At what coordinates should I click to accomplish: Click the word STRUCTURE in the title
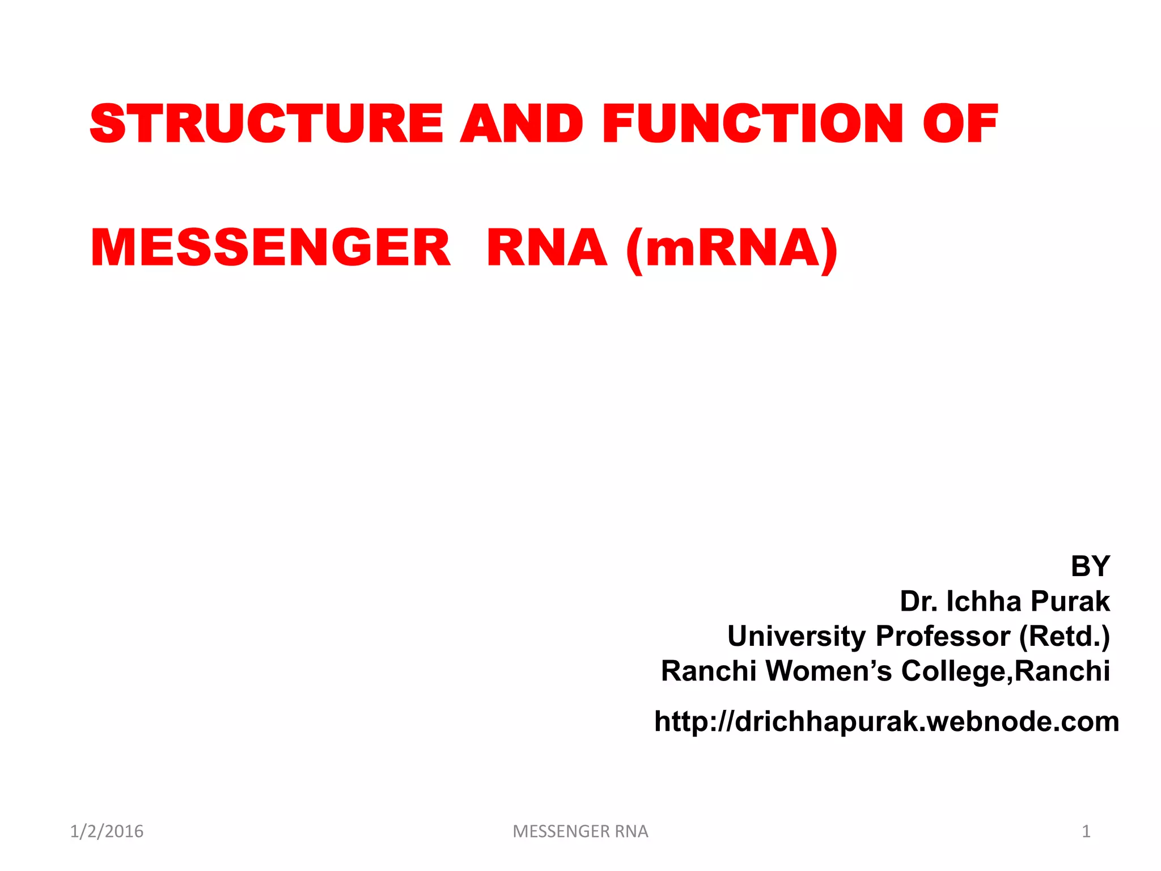(266, 124)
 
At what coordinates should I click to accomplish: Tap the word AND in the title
(522, 124)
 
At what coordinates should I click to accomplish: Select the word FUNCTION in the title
(753, 124)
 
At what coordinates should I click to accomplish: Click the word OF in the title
(960, 124)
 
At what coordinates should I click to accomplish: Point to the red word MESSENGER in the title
(270, 248)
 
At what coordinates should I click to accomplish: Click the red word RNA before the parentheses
(546, 248)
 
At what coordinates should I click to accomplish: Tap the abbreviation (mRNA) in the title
(732, 249)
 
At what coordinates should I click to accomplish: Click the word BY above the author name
(1090, 566)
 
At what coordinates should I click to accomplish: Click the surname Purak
(1070, 601)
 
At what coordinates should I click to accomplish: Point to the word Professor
(943, 636)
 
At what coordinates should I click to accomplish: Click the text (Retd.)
(1064, 636)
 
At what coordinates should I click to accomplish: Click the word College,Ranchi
(1005, 671)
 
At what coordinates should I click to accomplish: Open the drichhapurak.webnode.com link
(887, 721)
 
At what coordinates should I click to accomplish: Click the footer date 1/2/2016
(107, 831)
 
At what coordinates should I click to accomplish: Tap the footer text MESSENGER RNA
(580, 831)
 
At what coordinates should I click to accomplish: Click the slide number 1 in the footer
(1086, 831)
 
